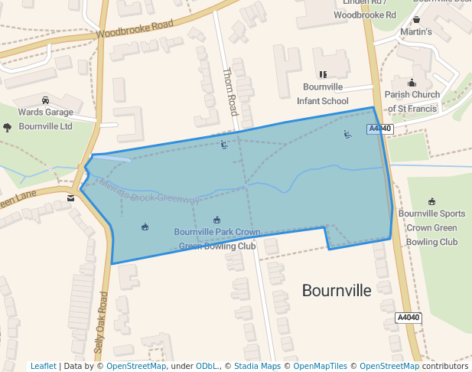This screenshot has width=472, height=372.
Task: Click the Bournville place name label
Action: (x=336, y=291)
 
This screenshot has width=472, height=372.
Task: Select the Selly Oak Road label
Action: (x=100, y=321)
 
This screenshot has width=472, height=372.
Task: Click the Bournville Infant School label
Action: (x=325, y=93)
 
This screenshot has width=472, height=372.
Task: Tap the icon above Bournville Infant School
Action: (x=323, y=74)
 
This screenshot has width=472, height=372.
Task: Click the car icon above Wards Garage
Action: (x=46, y=100)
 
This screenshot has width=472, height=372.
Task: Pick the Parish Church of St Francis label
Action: (x=412, y=102)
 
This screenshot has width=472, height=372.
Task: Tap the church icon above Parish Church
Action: (x=412, y=83)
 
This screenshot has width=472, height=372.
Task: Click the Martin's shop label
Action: (x=416, y=31)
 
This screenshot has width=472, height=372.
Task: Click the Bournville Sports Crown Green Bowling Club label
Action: (x=431, y=227)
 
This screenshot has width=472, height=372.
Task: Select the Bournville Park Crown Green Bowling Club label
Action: (x=217, y=239)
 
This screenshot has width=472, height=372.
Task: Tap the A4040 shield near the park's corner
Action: (x=380, y=129)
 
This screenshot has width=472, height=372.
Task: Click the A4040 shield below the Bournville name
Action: (x=409, y=318)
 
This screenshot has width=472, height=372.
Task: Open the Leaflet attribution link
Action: (x=44, y=366)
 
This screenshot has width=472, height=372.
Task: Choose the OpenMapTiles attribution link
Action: (x=321, y=366)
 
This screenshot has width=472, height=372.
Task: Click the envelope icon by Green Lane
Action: (x=71, y=197)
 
